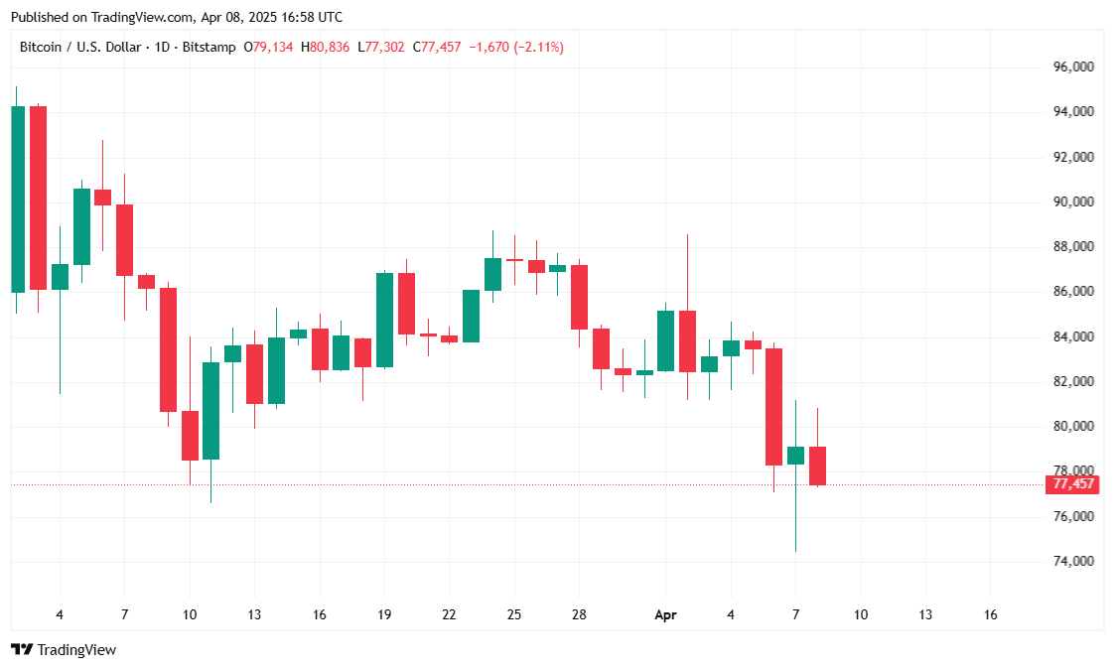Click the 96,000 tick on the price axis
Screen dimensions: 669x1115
click(x=1072, y=67)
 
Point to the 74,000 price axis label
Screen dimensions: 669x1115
click(x=1072, y=562)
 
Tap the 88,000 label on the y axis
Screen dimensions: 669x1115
click(x=1072, y=247)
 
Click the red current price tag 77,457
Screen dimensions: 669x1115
click(x=1073, y=484)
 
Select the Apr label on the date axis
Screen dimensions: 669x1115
click(x=665, y=615)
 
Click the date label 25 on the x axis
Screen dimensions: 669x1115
click(x=514, y=615)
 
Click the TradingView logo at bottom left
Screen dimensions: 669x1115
click(x=64, y=650)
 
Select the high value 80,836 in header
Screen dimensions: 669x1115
click(x=329, y=47)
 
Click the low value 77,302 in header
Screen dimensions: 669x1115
click(x=384, y=47)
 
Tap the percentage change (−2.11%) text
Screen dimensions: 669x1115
click(x=538, y=47)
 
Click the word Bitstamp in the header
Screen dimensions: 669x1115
click(x=215, y=47)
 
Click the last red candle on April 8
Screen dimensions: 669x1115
click(x=818, y=466)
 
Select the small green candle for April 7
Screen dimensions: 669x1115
click(x=796, y=456)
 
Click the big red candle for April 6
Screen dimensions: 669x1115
click(x=774, y=407)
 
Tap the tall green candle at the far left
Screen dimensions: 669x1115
click(x=17, y=199)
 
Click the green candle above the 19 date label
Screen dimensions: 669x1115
click(x=384, y=320)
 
